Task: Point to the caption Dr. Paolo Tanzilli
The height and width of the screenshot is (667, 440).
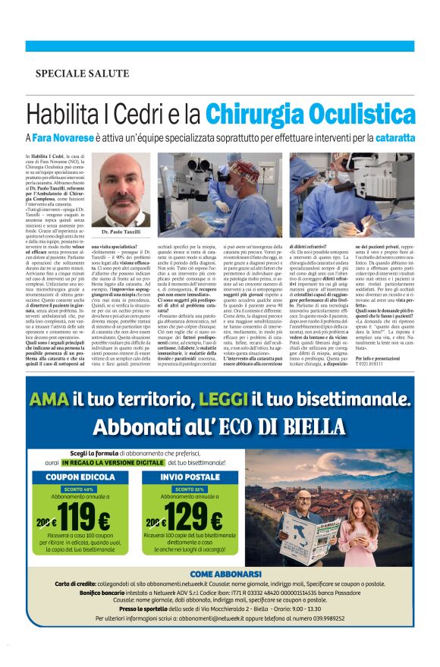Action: (x=120, y=231)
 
